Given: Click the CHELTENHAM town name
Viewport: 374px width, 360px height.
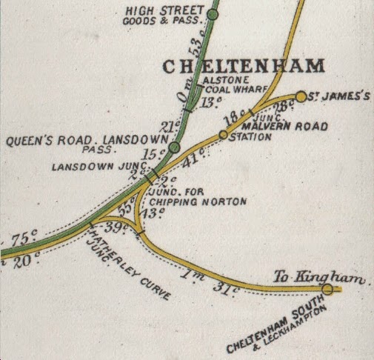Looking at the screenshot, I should (x=243, y=66).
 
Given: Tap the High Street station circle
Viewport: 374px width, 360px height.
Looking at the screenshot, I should (x=213, y=13).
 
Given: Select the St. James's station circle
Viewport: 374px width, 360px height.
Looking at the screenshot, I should (x=301, y=96).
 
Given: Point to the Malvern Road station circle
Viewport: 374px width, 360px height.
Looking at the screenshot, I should (x=223, y=135).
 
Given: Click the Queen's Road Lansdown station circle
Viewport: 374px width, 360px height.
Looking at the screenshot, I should (x=173, y=148).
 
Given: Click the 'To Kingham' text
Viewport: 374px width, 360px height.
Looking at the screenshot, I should (x=321, y=277).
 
